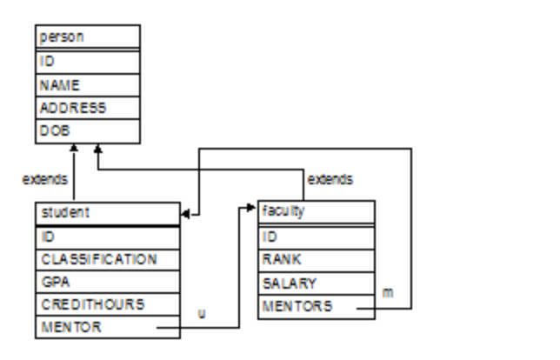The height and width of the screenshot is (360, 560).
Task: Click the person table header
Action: click(87, 37)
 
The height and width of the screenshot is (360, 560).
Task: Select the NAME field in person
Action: click(87, 85)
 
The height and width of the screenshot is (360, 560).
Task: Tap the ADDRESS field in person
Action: click(87, 108)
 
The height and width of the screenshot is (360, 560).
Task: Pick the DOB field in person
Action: click(87, 130)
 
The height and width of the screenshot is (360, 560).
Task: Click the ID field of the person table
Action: click(87, 63)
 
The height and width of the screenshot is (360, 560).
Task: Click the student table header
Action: click(109, 212)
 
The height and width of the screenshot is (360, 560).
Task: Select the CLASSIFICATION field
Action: click(109, 259)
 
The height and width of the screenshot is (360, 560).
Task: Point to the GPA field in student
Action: click(109, 282)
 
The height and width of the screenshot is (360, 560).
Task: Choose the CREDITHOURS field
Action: click(109, 304)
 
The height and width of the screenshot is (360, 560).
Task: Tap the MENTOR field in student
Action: click(109, 327)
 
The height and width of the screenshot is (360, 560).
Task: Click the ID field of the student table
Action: click(109, 237)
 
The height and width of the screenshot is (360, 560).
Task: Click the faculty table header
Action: click(317, 211)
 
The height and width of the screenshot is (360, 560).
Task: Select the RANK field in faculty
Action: click(317, 259)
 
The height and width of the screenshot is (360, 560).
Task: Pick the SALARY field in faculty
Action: click(317, 283)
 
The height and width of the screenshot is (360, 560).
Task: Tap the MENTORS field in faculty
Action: click(317, 306)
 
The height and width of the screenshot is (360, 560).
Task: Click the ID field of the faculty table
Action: click(317, 237)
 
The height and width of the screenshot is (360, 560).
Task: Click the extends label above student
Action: click(44, 179)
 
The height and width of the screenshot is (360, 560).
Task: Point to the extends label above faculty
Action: click(330, 179)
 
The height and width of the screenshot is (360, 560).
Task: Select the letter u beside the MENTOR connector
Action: click(202, 313)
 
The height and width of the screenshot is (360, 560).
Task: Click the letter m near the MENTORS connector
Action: click(388, 292)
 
